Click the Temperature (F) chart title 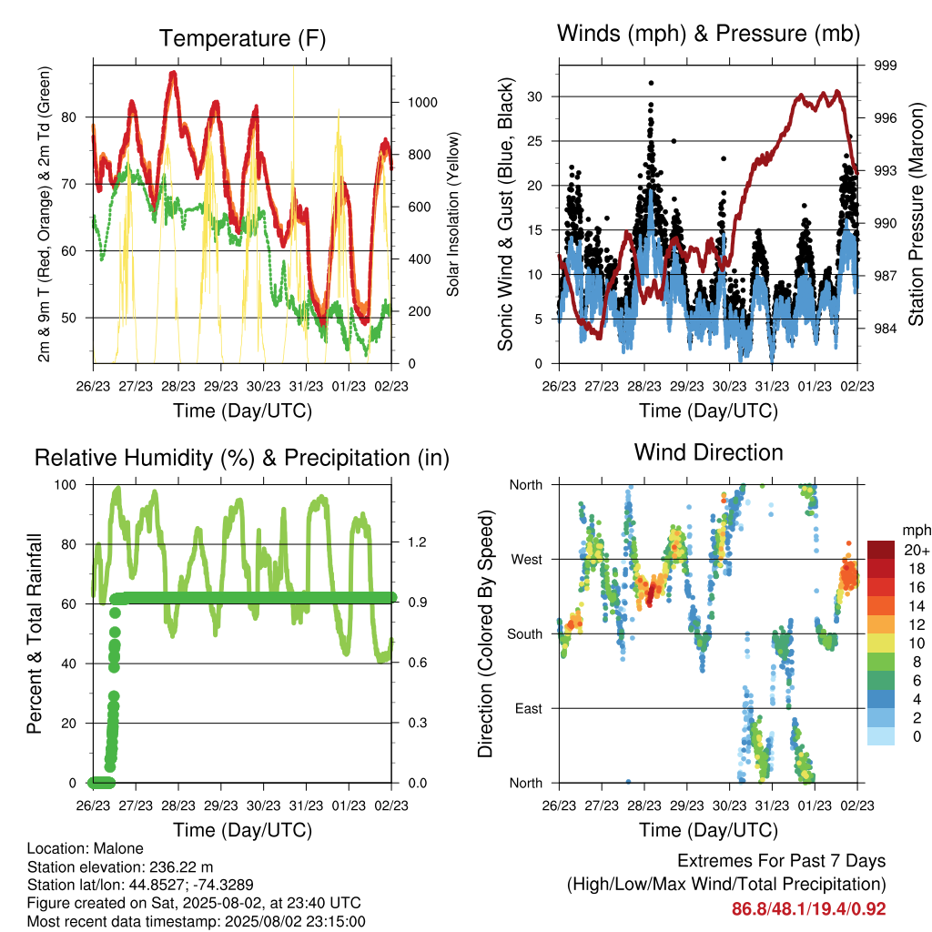(x=242, y=38)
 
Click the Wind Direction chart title (x=708, y=452)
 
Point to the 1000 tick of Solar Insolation (x=422, y=102)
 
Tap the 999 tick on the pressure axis (x=885, y=66)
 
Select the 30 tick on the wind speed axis (x=534, y=96)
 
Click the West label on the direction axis (x=527, y=560)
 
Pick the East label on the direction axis (x=529, y=708)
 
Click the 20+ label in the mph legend (x=917, y=550)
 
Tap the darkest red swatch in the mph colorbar (x=881, y=550)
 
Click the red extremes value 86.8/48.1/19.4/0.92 (x=808, y=909)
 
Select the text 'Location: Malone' (x=85, y=848)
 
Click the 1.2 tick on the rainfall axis (x=418, y=542)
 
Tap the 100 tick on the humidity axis (x=66, y=484)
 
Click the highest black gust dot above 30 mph (x=652, y=83)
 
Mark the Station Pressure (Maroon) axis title (x=916, y=214)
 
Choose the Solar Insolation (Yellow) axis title (x=453, y=214)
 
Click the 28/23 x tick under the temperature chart (x=178, y=386)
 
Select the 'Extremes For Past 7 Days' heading (x=782, y=861)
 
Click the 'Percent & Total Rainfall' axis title (x=35, y=633)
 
